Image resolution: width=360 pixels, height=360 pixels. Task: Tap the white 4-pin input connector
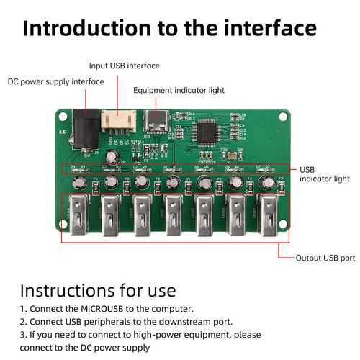[x=115, y=120]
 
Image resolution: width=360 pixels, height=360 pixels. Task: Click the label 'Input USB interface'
[x=124, y=66]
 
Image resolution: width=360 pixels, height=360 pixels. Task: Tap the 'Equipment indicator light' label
[x=179, y=91]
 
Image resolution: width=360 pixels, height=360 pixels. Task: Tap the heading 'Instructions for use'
[x=97, y=290]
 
